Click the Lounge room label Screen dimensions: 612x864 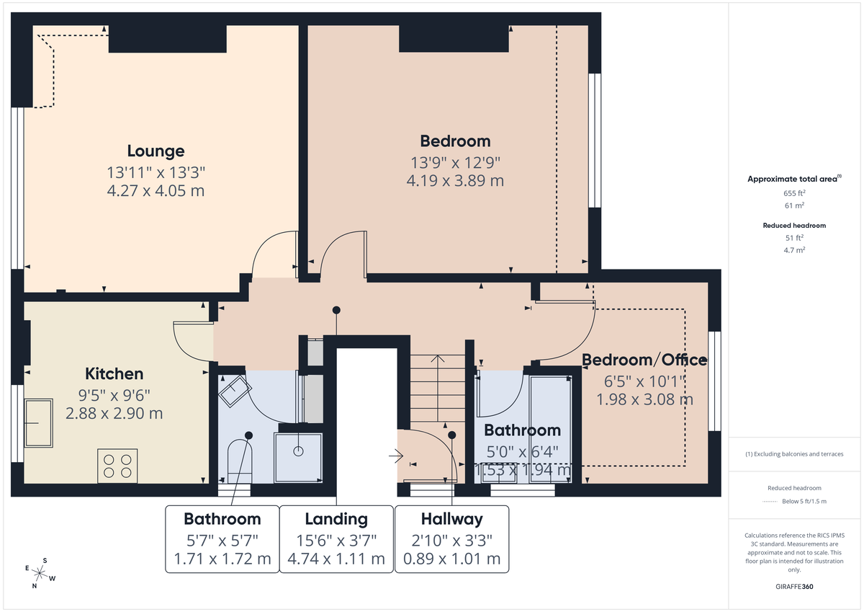coord(156,151)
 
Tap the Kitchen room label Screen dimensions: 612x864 coord(114,374)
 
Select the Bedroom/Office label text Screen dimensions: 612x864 coord(644,360)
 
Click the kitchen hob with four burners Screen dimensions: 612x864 coord(117,466)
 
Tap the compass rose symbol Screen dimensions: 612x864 coord(41,574)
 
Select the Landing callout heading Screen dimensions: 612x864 coord(336,519)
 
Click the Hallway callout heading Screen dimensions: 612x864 coord(451,519)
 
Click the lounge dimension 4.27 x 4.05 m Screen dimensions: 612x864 coord(156,191)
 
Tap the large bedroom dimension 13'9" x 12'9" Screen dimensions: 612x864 coord(455,162)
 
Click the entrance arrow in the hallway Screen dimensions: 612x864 coord(395,456)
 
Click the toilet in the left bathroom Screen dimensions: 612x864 coord(238,461)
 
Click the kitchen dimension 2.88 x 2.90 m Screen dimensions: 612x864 coord(114,413)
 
